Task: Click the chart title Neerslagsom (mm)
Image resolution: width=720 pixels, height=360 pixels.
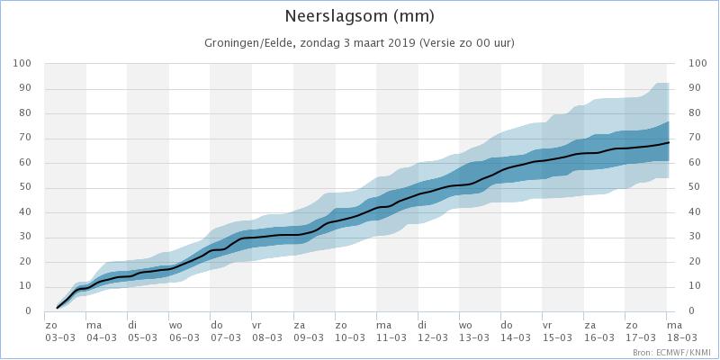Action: [359, 16]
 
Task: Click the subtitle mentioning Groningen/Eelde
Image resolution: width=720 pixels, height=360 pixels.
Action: [359, 43]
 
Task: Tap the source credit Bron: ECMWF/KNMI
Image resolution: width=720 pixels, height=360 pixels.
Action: [671, 352]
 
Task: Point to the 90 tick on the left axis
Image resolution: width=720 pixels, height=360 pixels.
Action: [25, 88]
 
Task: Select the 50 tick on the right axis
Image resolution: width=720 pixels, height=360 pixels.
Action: [695, 188]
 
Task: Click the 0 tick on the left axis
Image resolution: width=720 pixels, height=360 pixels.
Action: [28, 311]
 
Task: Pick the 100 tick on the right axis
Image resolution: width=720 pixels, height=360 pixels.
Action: [697, 63]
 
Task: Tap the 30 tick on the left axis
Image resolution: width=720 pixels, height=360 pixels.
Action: [25, 238]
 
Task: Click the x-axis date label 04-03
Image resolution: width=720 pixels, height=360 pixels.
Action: [101, 337]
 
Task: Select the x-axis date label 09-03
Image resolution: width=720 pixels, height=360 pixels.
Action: [309, 337]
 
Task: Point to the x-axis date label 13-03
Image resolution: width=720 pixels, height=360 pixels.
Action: [474, 337]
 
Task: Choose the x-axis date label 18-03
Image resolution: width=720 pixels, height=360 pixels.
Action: [679, 337]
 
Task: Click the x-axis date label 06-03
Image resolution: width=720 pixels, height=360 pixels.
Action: [184, 337]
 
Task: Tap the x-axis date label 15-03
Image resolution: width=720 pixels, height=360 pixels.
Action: [557, 337]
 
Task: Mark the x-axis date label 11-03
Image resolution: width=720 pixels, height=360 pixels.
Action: [391, 337]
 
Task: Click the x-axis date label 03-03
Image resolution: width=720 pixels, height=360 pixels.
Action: [59, 337]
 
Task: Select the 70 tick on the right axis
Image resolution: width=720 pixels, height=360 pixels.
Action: [695, 138]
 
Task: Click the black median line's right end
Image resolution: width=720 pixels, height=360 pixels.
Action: [669, 142]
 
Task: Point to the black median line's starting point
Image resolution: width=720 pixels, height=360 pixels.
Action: [57, 308]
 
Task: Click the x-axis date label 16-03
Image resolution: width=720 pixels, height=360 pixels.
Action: [598, 337]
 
